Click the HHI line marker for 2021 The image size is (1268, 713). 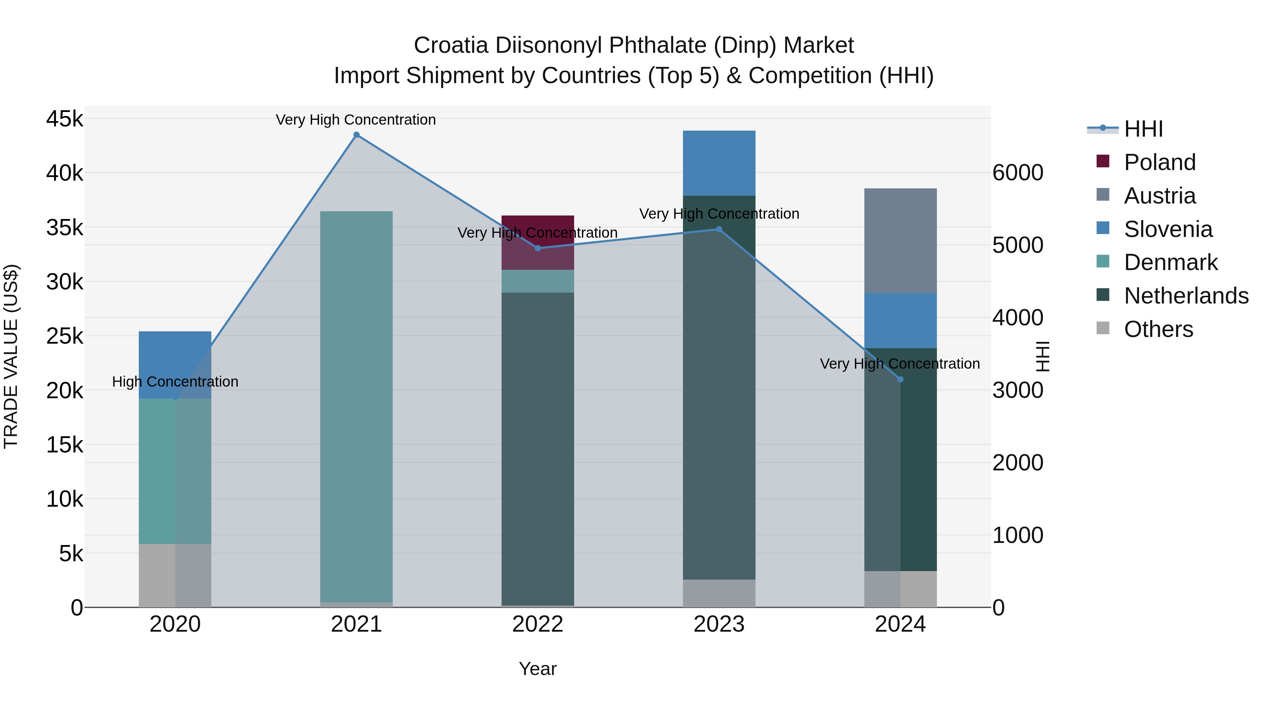pos(356,135)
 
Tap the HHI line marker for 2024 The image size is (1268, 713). pos(900,379)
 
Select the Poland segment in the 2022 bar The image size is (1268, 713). pos(537,242)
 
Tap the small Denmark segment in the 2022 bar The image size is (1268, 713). pos(537,281)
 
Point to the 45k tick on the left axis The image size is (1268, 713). pos(64,119)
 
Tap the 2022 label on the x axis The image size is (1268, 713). pos(537,624)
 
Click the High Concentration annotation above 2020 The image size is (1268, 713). pos(175,381)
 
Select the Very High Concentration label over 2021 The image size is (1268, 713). pos(355,120)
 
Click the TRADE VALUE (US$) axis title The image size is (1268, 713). pos(11,356)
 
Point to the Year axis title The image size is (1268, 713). pos(537,669)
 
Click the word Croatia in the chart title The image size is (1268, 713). pos(451,45)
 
